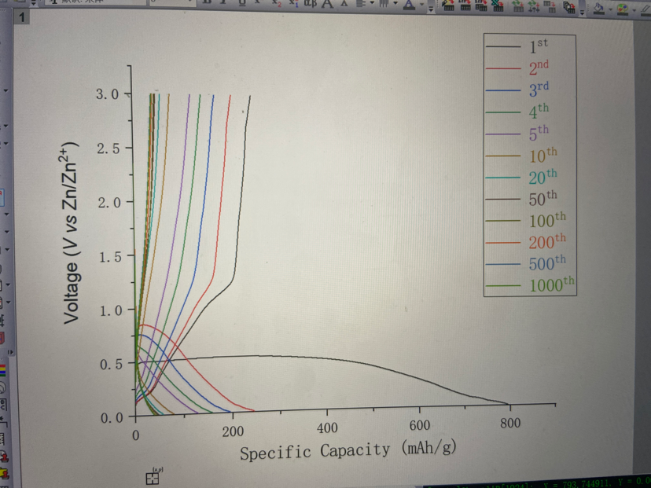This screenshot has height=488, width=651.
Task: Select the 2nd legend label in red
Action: click(x=539, y=68)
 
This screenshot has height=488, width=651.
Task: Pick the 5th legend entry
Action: click(x=539, y=133)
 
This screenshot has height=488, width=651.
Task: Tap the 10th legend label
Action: click(x=542, y=155)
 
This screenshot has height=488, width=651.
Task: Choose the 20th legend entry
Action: click(x=542, y=177)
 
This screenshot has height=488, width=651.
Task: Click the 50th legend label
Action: click(x=542, y=198)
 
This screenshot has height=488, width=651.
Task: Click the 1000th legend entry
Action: click(x=552, y=285)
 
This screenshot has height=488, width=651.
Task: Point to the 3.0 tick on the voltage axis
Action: click(x=108, y=94)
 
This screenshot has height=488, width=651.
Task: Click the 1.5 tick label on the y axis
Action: click(x=108, y=257)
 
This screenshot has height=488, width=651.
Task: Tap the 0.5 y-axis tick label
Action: click(x=108, y=364)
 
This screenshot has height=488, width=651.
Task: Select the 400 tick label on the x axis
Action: click(x=327, y=428)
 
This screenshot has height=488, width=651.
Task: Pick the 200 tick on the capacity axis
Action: click(x=233, y=431)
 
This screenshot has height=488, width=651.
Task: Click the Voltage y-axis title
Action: click(x=72, y=233)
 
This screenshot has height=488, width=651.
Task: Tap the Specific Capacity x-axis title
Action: click(x=348, y=451)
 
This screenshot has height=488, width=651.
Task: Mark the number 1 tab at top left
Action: click(x=20, y=16)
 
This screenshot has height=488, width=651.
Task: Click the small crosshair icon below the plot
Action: click(x=153, y=477)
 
